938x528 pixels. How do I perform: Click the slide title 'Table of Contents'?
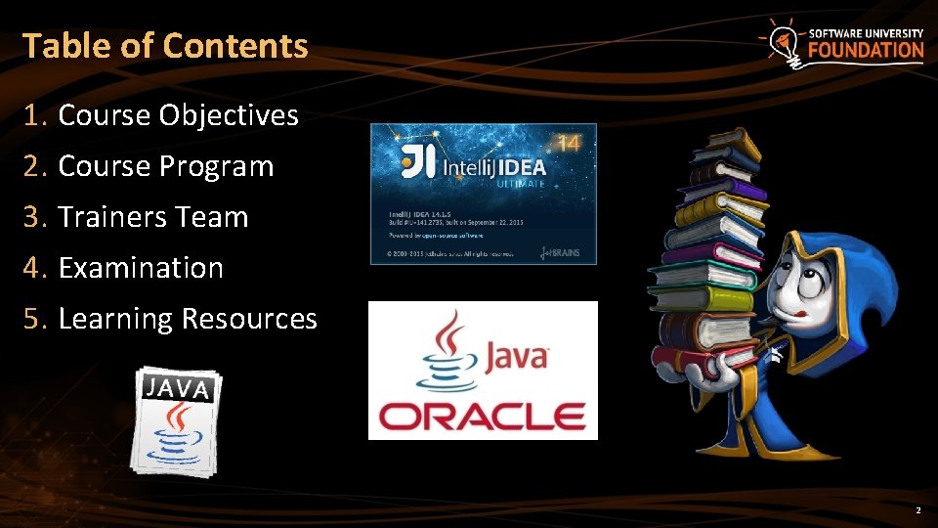(164, 46)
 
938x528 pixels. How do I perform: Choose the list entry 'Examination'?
(141, 268)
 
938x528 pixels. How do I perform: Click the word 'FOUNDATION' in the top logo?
(865, 51)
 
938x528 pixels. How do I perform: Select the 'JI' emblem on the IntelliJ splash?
(418, 162)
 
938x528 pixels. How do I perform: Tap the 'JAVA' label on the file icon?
(178, 387)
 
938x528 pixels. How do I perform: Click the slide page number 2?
(917, 511)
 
